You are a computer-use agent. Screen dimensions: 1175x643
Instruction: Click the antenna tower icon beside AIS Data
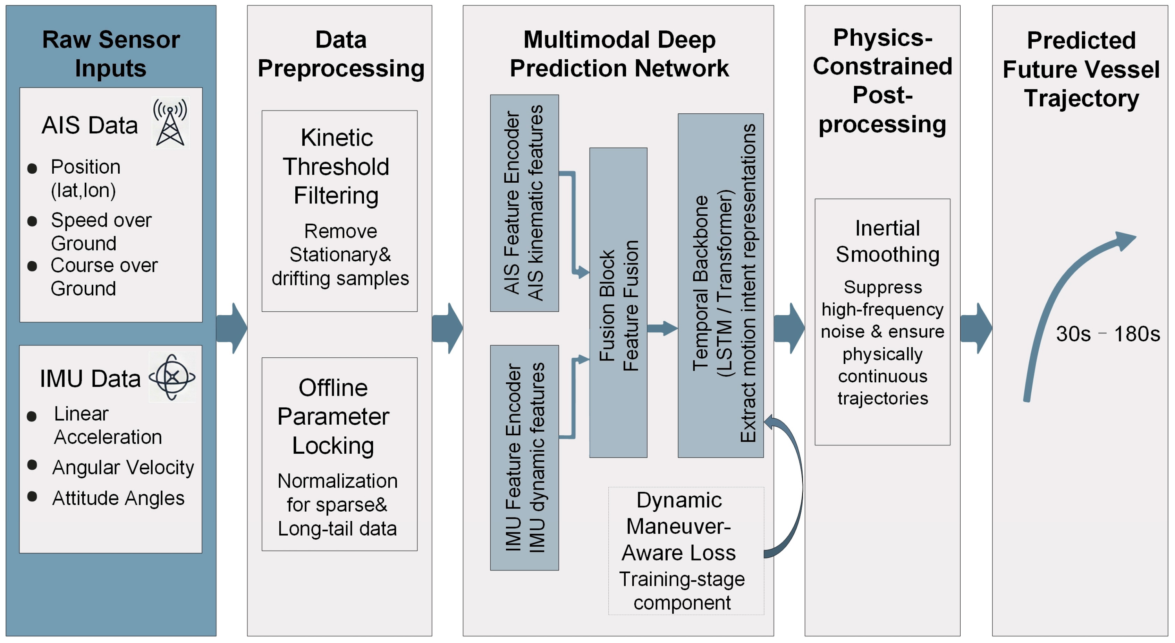170,123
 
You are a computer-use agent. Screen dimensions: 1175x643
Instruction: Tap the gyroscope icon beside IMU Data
172,377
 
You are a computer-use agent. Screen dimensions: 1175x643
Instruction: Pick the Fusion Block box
618,303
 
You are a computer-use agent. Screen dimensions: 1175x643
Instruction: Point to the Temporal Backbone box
721,285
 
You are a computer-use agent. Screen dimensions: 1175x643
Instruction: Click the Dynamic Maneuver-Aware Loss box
686,551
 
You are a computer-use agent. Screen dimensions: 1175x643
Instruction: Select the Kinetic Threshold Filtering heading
336,166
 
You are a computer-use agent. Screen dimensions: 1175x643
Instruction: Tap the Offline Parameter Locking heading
333,417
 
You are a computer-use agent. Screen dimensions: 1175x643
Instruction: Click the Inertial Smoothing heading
887,241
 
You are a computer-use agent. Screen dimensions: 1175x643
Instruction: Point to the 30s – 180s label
1107,334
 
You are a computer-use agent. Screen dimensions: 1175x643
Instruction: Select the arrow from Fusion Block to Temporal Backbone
662,328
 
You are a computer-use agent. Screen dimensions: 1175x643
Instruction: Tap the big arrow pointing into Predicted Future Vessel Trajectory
976,328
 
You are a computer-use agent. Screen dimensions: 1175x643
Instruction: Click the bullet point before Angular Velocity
32,465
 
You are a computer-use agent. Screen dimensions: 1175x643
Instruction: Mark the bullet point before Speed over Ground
32,221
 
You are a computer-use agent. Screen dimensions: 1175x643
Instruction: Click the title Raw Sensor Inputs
111,54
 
